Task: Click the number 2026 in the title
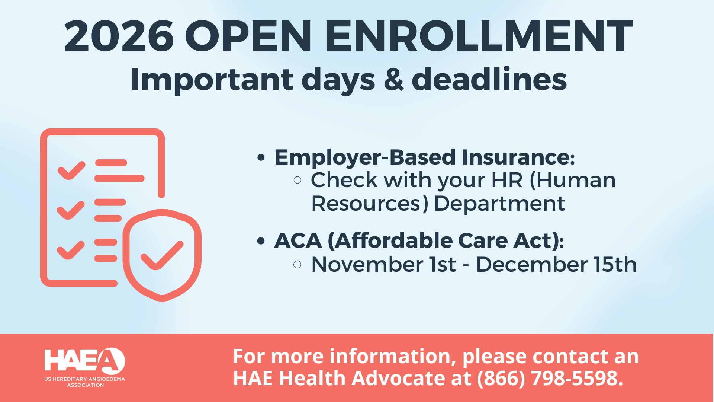point(119,36)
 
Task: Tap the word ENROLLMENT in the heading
point(479,36)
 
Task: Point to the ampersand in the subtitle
point(393,80)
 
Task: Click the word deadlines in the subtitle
point(489,80)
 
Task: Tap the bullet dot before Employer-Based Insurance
point(261,158)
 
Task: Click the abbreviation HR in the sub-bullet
point(507,181)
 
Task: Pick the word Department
point(499,204)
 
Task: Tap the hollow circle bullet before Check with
point(297,181)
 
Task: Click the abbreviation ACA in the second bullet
point(298,241)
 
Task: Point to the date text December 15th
point(556,265)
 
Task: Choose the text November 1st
point(383,265)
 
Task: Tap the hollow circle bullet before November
point(297,265)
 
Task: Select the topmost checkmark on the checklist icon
point(71,170)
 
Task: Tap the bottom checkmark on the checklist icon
point(71,250)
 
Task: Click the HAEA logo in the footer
point(85,367)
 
